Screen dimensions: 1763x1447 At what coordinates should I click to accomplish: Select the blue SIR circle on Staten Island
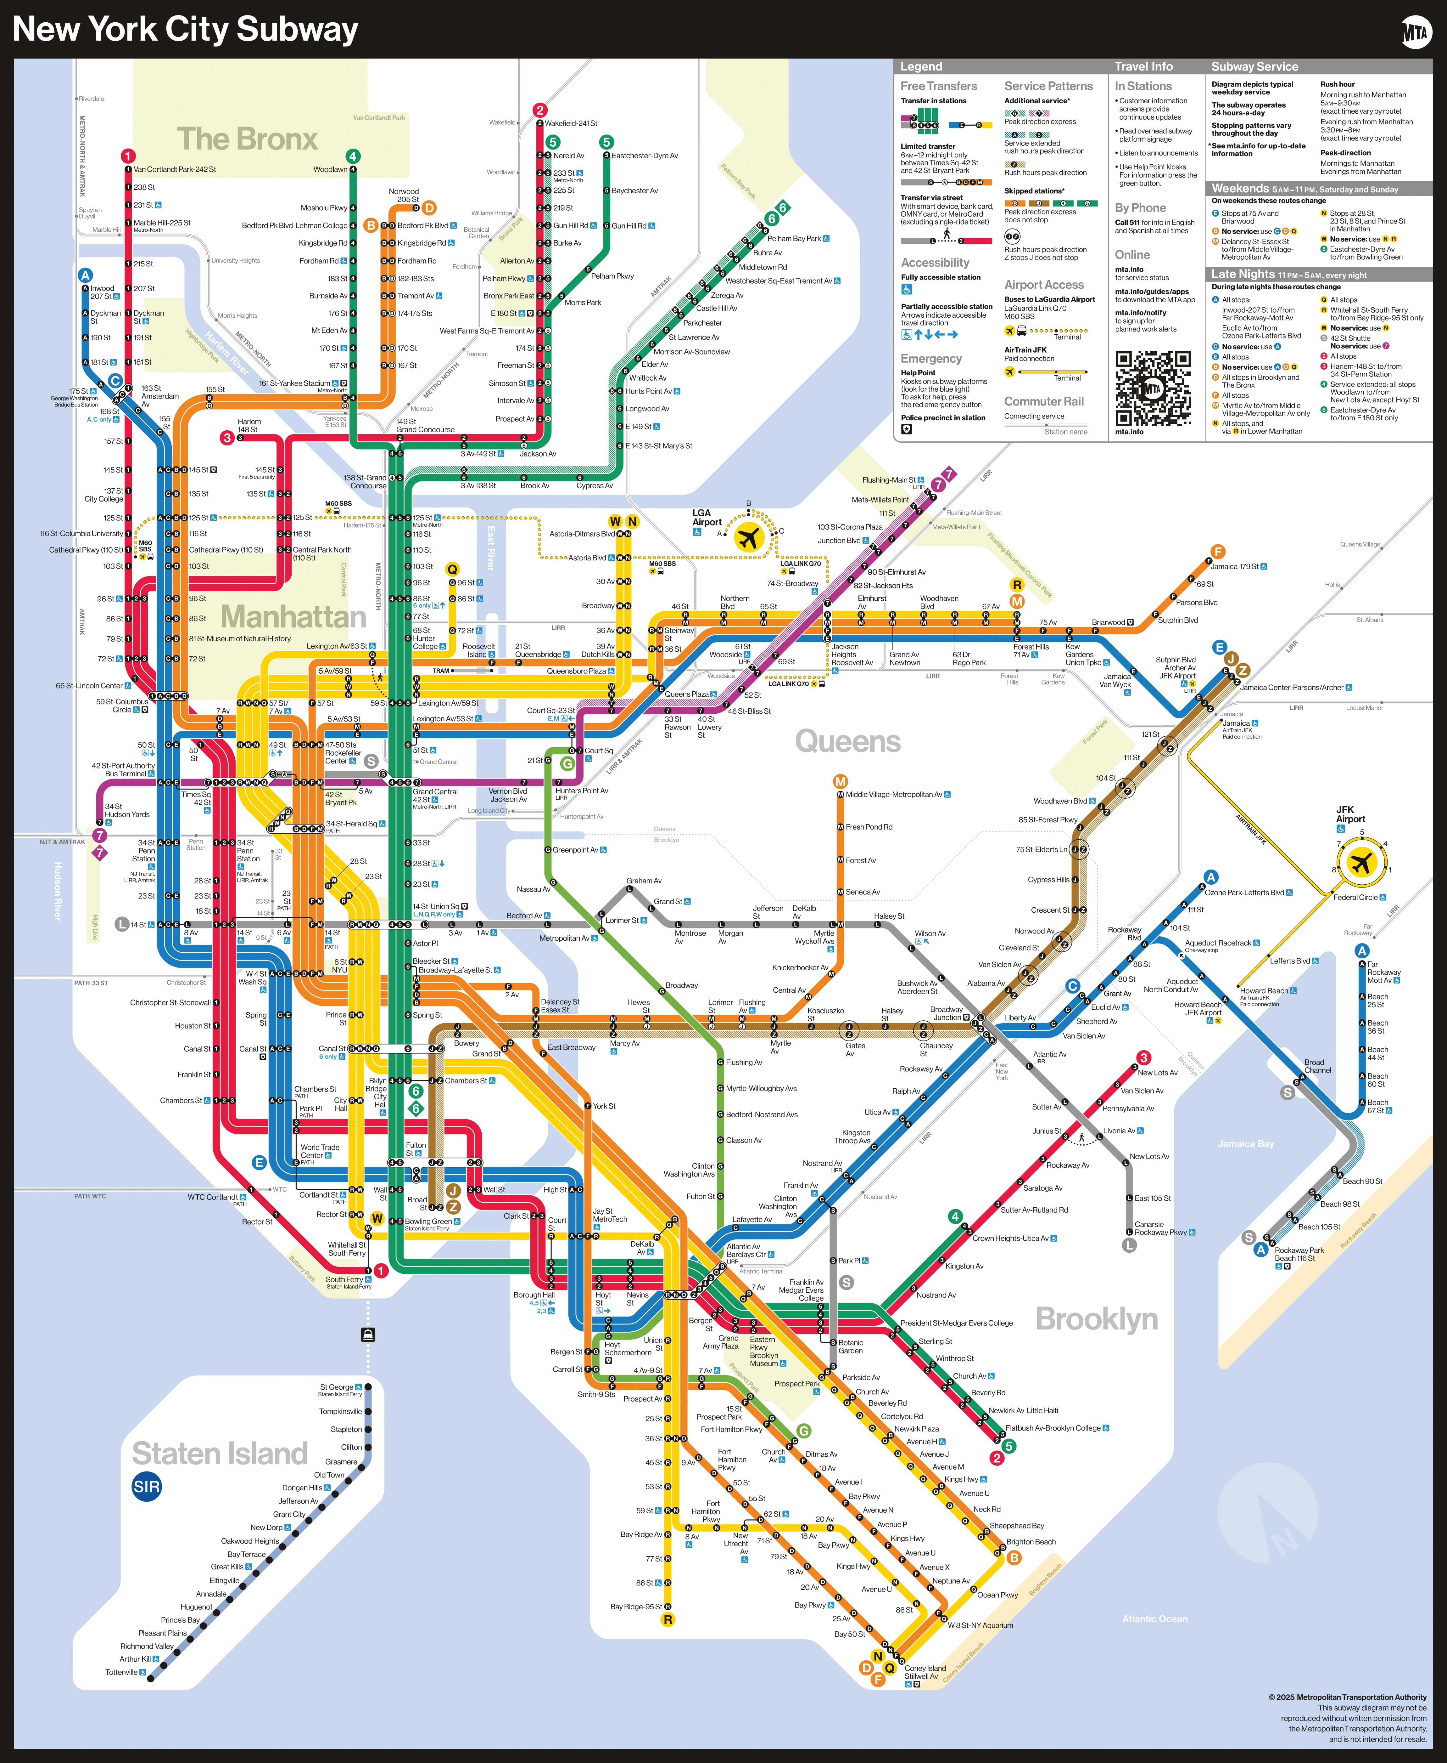[147, 1486]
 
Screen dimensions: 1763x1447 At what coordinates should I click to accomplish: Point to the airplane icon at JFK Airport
[1361, 861]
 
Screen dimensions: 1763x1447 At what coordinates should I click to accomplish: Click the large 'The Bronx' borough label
[248, 139]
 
